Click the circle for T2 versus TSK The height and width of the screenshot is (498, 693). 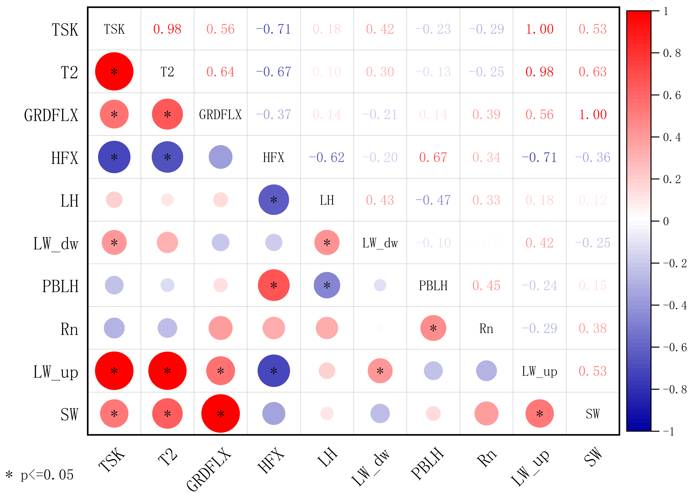[x=114, y=71]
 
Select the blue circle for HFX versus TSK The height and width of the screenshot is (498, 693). [x=114, y=157]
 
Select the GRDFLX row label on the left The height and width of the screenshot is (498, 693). [x=51, y=115]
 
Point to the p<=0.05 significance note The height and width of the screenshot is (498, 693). [x=40, y=475]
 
